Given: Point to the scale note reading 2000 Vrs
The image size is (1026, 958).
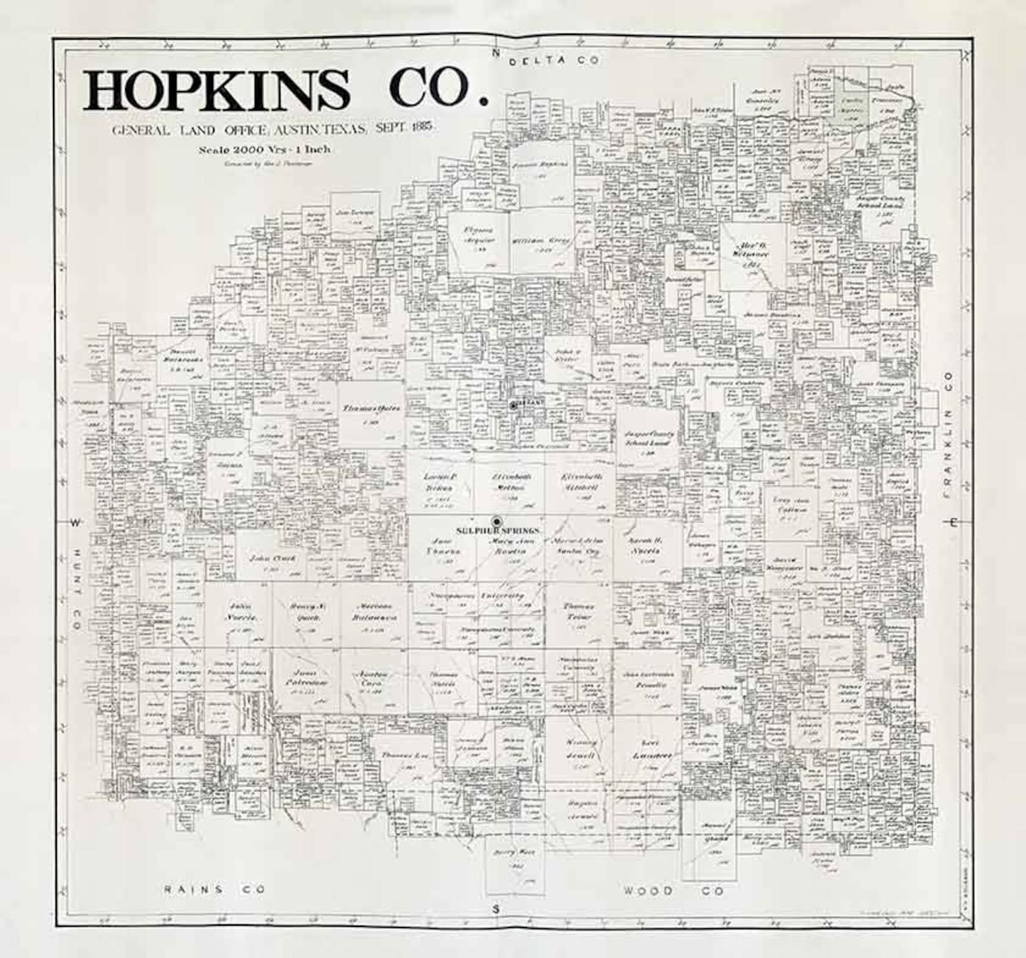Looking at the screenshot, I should click(265, 149).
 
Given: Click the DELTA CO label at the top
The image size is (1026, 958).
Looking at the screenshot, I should click(555, 61).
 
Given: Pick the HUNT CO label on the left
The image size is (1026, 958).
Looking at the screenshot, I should click(76, 590).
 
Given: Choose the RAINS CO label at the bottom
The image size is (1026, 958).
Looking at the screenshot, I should click(215, 889).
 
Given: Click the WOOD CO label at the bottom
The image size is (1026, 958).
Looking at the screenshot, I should click(673, 891).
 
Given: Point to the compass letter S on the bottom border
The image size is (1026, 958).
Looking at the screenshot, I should click(496, 910).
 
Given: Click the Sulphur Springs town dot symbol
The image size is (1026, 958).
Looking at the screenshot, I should click(497, 521).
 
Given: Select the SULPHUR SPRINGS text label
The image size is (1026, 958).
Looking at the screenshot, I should click(498, 531).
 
